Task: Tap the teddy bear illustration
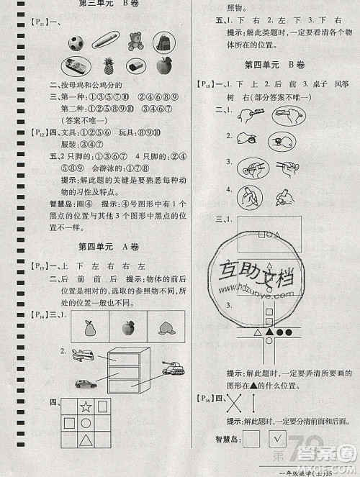tap(135, 41)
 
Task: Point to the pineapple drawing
tap(109, 68)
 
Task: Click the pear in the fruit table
tap(90, 329)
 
